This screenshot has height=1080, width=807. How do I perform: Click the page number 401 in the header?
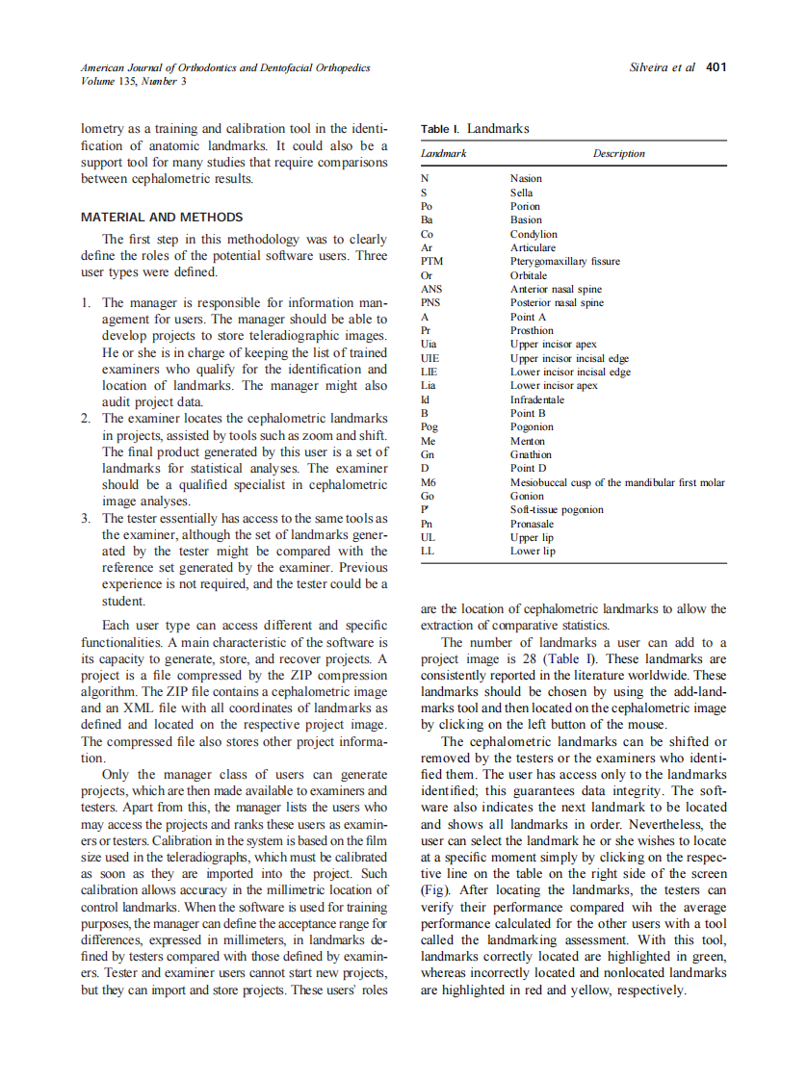click(x=716, y=67)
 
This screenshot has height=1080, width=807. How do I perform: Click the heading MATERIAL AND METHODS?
click(x=162, y=218)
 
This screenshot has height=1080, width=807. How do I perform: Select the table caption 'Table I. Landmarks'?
click(x=475, y=128)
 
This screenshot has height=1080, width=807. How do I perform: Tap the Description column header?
click(x=618, y=153)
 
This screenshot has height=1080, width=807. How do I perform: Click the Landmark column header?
click(x=444, y=153)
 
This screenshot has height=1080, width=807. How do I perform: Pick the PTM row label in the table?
click(x=431, y=261)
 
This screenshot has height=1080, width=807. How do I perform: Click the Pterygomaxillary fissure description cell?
click(x=564, y=261)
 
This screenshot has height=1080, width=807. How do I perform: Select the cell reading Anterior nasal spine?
click(x=556, y=289)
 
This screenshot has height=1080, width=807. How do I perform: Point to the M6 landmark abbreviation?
click(x=429, y=482)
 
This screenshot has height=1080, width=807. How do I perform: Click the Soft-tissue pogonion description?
click(x=557, y=510)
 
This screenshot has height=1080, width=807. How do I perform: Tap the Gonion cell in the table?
click(x=527, y=496)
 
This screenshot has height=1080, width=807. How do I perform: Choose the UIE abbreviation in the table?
click(x=430, y=358)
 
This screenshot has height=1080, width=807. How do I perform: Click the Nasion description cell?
click(x=526, y=178)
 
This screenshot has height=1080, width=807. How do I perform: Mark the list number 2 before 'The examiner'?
click(x=86, y=419)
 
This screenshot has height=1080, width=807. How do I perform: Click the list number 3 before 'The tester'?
click(x=86, y=518)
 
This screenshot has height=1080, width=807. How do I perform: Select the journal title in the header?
click(x=225, y=67)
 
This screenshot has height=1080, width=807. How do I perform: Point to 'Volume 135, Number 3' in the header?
click(x=134, y=81)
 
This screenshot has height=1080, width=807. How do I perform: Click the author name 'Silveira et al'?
click(x=662, y=67)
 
